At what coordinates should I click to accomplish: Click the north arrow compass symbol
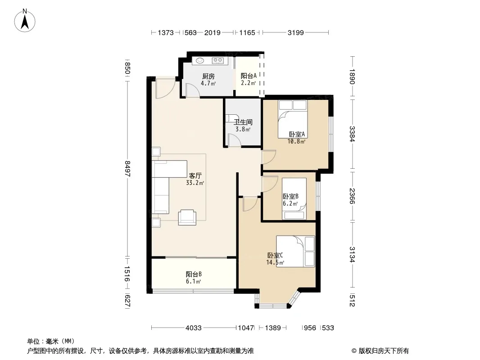coord(25,21)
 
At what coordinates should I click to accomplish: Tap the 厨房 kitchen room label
coord(208,76)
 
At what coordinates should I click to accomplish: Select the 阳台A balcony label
coord(248,76)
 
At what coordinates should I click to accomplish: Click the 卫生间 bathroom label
coord(243,122)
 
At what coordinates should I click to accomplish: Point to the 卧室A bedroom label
coord(297,134)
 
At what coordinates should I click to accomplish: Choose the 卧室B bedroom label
coord(290,196)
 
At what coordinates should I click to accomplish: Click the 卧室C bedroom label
coord(275,255)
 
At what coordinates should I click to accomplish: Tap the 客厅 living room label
coord(195,176)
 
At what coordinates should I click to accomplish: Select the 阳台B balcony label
coord(194,274)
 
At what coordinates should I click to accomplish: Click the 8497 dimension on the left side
coord(127,169)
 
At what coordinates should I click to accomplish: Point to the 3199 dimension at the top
coord(295,33)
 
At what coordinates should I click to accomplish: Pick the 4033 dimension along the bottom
coord(194,328)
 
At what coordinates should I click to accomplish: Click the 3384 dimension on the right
coord(352,134)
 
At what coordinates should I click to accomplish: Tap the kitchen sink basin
coord(200,61)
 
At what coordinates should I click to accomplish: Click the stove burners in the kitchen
coord(217,61)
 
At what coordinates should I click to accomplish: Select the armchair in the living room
coord(187,217)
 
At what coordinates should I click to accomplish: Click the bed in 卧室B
coord(294,199)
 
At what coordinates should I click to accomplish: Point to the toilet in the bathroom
coord(230,119)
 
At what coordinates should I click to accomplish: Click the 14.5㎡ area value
coord(275,262)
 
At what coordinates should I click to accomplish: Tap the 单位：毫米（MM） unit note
coord(51,342)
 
